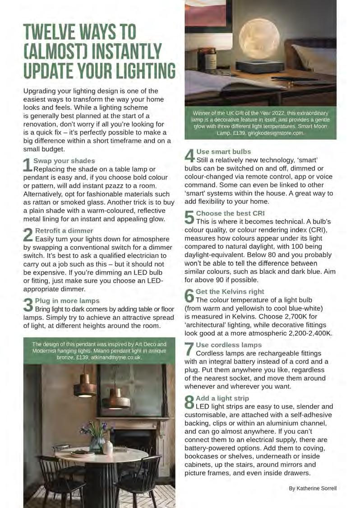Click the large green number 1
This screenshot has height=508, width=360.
click(x=28, y=165)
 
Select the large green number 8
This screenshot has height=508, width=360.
click(x=189, y=402)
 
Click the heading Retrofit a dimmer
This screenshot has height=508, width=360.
click(x=58, y=231)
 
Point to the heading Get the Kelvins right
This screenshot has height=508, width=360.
click(x=230, y=291)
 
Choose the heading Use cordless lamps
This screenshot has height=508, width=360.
click(x=229, y=345)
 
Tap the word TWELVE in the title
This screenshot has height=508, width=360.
click(x=50, y=32)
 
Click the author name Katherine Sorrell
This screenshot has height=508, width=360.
click(x=313, y=488)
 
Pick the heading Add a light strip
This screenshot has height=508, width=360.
click(x=222, y=398)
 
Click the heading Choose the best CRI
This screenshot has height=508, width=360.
click(x=231, y=213)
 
